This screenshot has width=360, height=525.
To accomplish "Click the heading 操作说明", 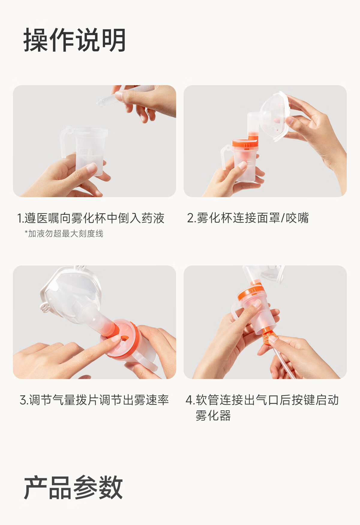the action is click(x=74, y=40).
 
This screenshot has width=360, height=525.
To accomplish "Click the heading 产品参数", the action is click(x=73, y=487).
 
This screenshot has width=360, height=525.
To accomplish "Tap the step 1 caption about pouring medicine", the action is click(x=91, y=218).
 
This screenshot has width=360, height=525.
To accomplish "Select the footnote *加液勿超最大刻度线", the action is click(x=64, y=233).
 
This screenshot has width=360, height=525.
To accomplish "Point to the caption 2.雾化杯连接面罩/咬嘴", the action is click(x=248, y=218).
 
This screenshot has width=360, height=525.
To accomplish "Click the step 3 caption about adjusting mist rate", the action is click(x=94, y=400).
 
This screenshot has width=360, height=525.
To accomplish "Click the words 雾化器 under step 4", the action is click(x=213, y=416).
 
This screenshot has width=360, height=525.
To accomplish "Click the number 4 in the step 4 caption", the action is click(x=189, y=400).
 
